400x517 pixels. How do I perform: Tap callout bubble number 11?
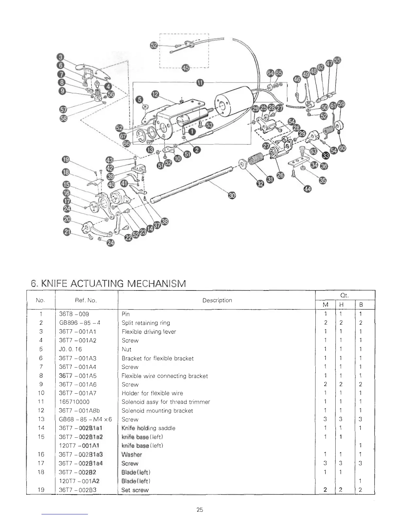click(x=199, y=82)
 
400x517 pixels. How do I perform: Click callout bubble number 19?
click(x=66, y=160)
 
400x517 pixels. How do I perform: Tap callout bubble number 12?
click(x=155, y=95)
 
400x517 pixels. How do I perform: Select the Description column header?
click(x=217, y=300)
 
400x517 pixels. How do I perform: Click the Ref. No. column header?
click(x=86, y=300)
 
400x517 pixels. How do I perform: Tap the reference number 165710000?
click(x=74, y=402)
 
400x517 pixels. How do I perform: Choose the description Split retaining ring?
click(x=146, y=323)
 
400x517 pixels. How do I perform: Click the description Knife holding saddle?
click(x=148, y=428)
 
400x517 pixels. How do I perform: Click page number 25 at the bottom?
click(x=200, y=509)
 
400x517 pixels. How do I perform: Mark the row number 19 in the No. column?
click(x=41, y=490)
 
